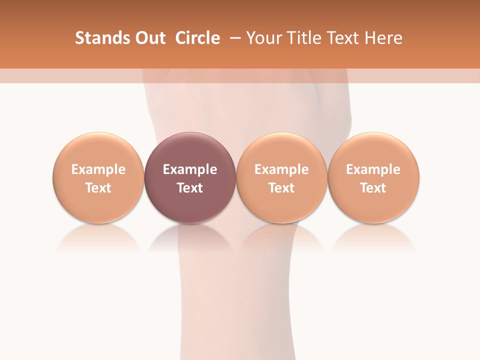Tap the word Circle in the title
pyautogui.click(x=197, y=38)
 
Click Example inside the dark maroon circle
pyautogui.click(x=190, y=169)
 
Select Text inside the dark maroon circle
pyautogui.click(x=190, y=188)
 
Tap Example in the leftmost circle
pyautogui.click(x=98, y=169)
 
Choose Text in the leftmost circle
pyautogui.click(x=98, y=188)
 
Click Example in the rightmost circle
pyautogui.click(x=373, y=169)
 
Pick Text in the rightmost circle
pyautogui.click(x=373, y=188)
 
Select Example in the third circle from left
pyautogui.click(x=281, y=169)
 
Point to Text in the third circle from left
pyautogui.click(x=281, y=188)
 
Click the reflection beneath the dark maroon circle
pyautogui.click(x=190, y=237)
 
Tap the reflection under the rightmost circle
pyautogui.click(x=373, y=237)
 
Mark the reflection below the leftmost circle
pyautogui.click(x=98, y=237)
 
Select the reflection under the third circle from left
pyautogui.click(x=281, y=237)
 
